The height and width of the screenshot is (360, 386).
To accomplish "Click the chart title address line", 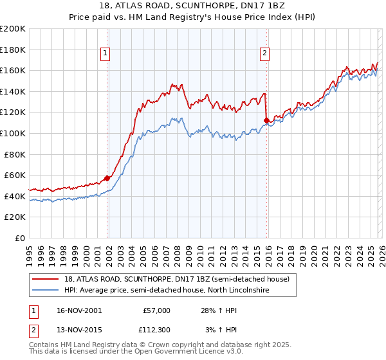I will click(193, 6).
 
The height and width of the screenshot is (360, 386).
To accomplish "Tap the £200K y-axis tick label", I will click(13, 29).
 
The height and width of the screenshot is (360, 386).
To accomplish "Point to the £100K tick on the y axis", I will click(13, 133).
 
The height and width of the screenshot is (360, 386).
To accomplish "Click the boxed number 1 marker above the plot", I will click(105, 54).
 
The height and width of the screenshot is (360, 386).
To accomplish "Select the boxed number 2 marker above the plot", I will click(264, 54).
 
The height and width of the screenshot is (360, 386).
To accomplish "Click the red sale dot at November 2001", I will click(107, 178).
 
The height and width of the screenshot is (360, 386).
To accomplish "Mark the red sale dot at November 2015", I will click(266, 120).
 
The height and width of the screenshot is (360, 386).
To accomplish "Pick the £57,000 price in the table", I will click(154, 310).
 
